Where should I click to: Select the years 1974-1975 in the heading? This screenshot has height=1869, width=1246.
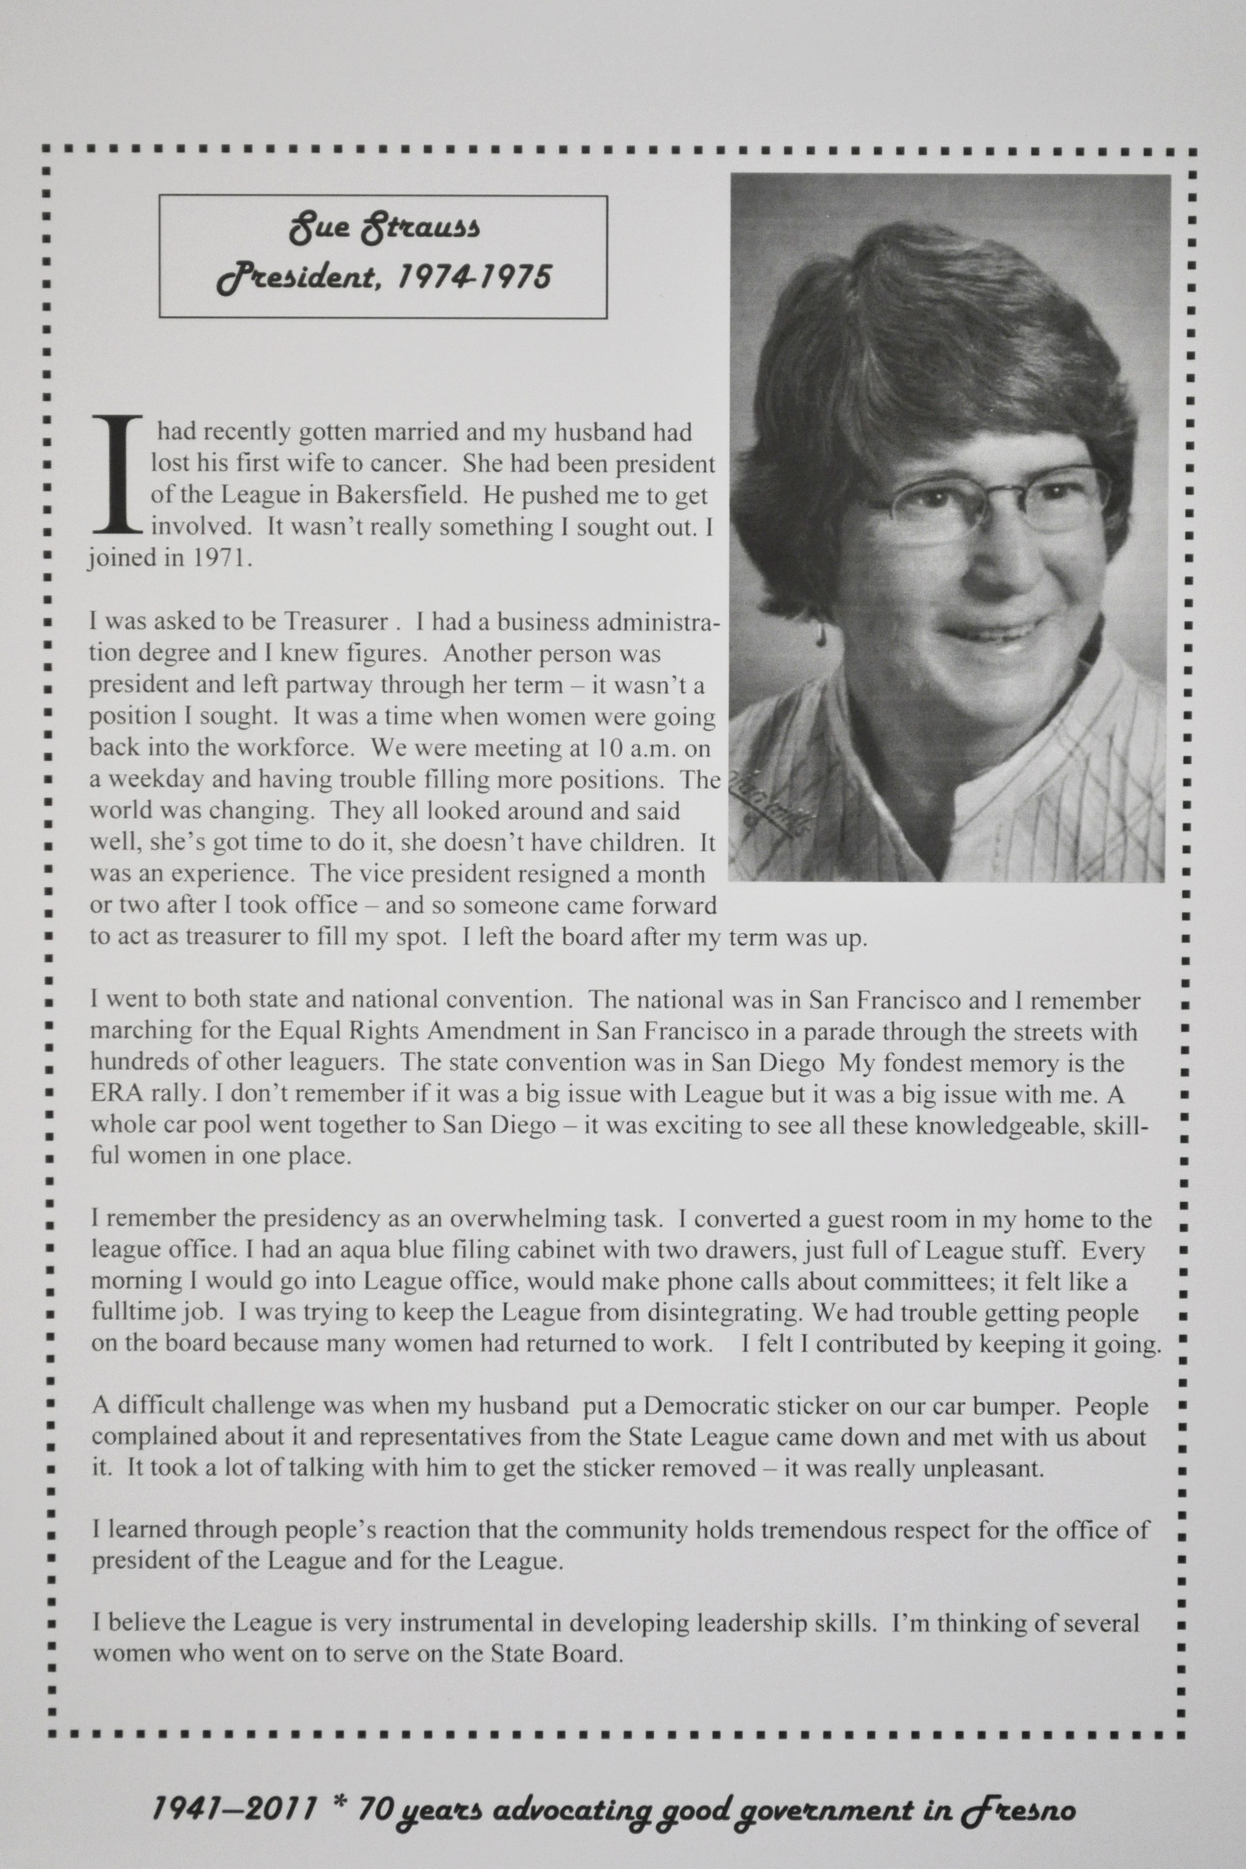(474, 277)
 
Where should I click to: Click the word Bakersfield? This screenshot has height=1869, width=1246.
(401, 495)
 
